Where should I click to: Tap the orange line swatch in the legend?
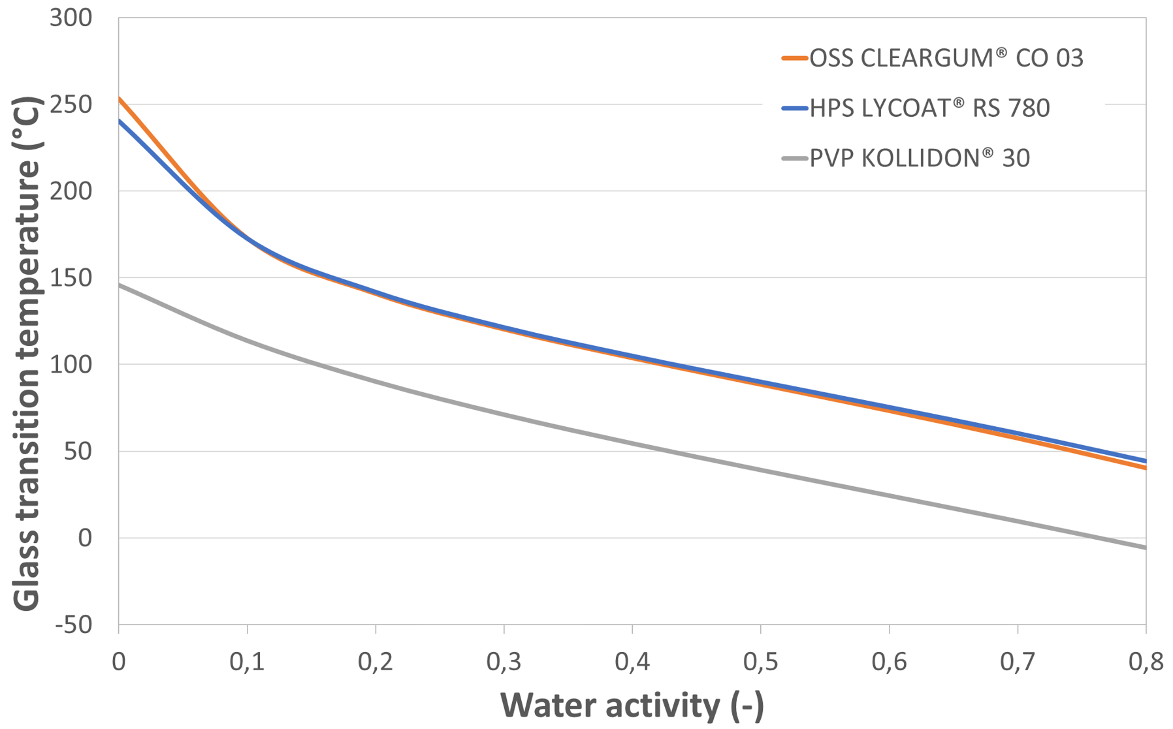pyautogui.click(x=795, y=59)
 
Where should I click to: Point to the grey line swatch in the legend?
pyautogui.click(x=795, y=158)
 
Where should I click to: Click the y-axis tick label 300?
pyautogui.click(x=71, y=18)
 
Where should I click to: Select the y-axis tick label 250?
pyautogui.click(x=71, y=104)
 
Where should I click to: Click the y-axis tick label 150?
pyautogui.click(x=71, y=278)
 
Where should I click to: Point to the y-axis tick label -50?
pyautogui.click(x=73, y=625)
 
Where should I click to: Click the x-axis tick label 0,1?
pyautogui.click(x=247, y=662)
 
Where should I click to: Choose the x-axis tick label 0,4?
pyautogui.click(x=632, y=662)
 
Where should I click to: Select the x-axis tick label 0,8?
pyautogui.click(x=1146, y=662)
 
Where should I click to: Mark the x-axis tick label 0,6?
pyautogui.click(x=889, y=662)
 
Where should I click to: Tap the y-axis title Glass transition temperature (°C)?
pyautogui.click(x=27, y=354)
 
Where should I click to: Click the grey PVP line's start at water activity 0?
pyautogui.click(x=120, y=285)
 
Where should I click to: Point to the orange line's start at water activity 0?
pyautogui.click(x=120, y=99)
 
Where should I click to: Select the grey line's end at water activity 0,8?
pyautogui.click(x=1145, y=548)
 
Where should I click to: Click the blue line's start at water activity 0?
pyautogui.click(x=120, y=121)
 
